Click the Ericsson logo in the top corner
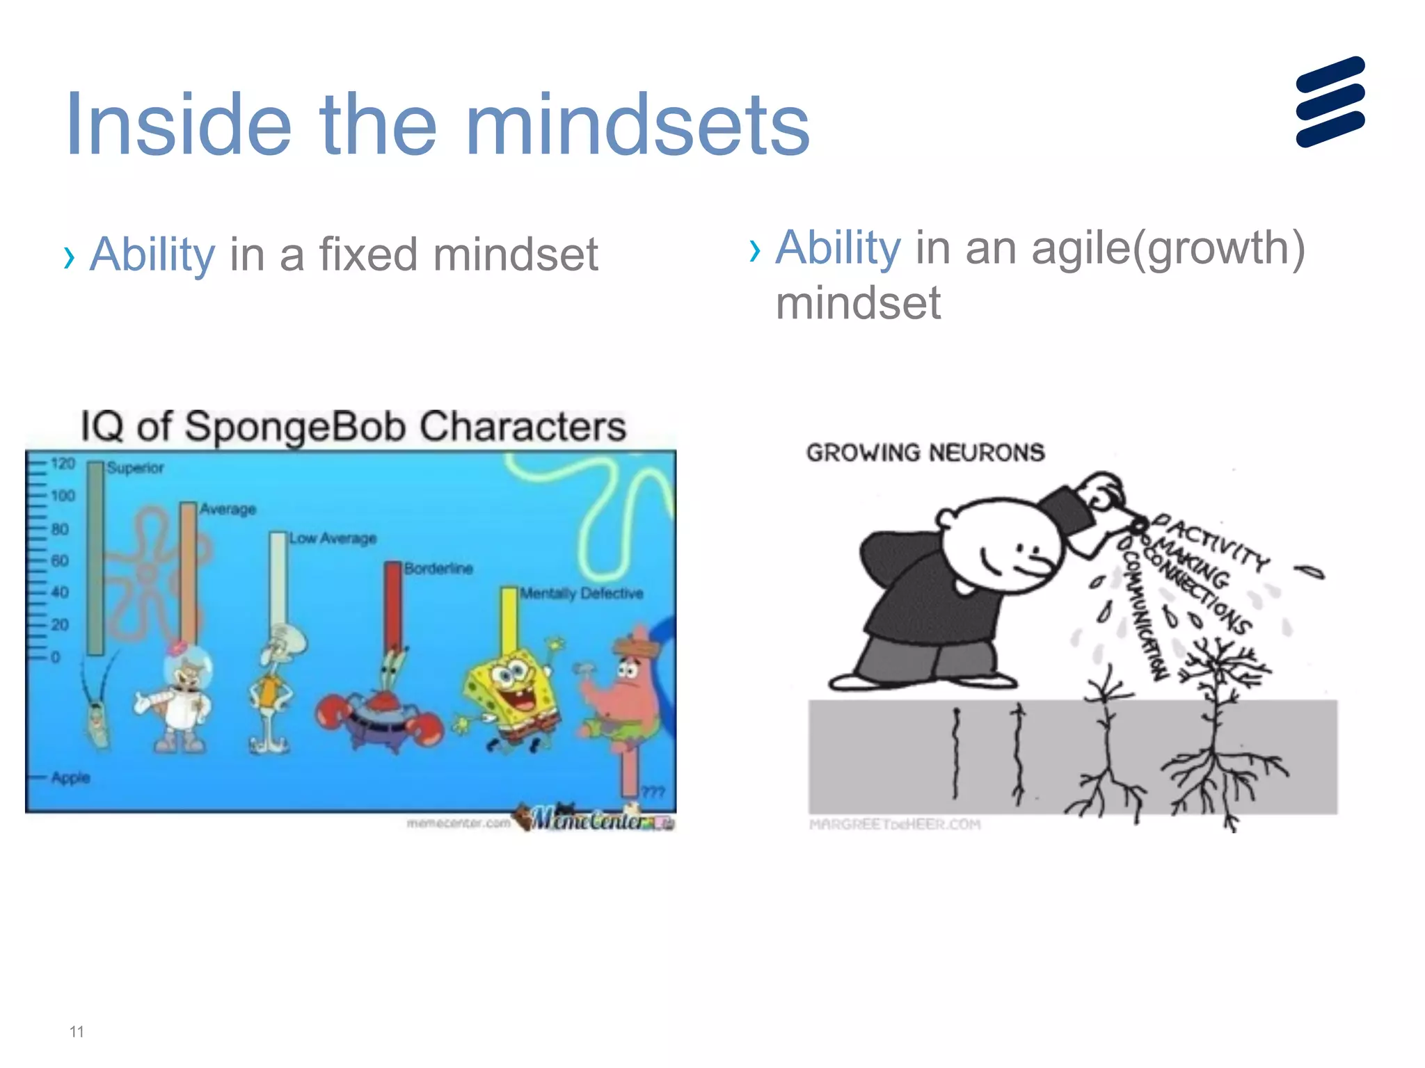click(x=1330, y=102)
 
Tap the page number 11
click(x=77, y=1032)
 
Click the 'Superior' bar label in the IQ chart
click(x=135, y=468)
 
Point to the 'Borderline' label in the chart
click(x=438, y=569)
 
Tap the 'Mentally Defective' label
click(x=582, y=594)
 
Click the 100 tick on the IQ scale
click(x=63, y=496)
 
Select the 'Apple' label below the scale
click(x=70, y=777)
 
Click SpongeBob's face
click(x=511, y=678)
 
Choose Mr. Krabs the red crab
click(x=380, y=709)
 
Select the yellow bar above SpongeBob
click(x=509, y=619)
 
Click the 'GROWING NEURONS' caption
click(x=925, y=453)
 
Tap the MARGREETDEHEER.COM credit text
click(x=895, y=825)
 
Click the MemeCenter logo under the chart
click(x=595, y=819)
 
